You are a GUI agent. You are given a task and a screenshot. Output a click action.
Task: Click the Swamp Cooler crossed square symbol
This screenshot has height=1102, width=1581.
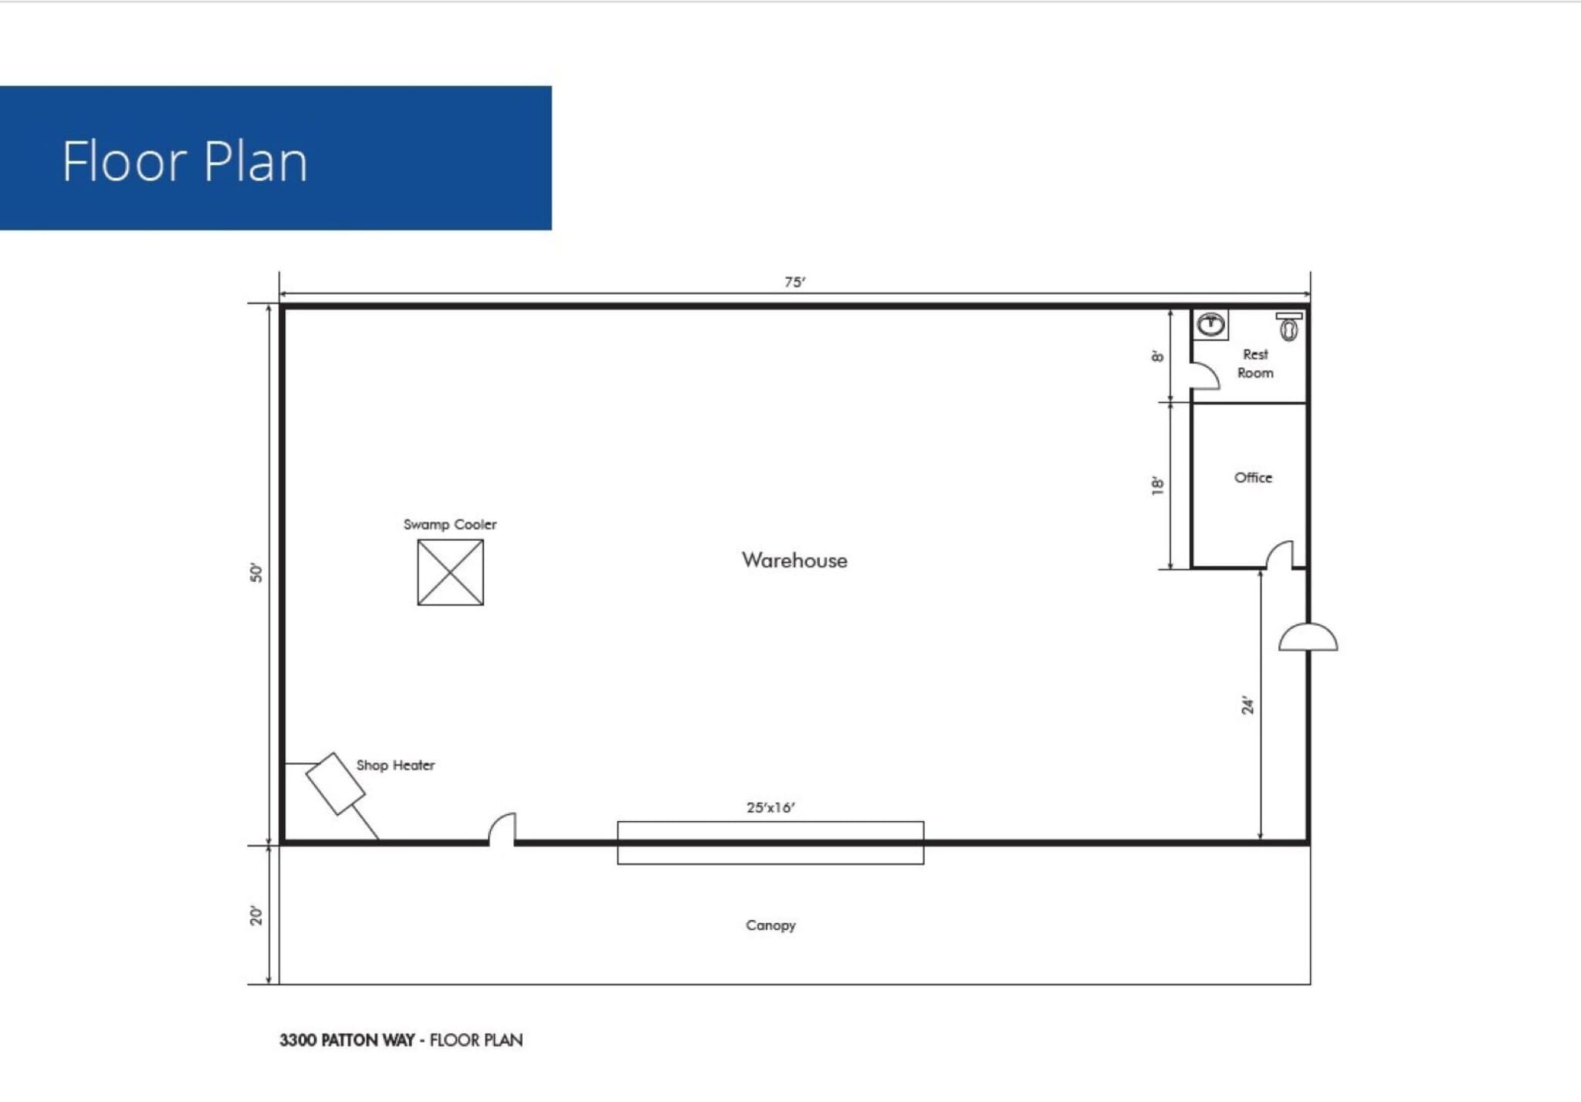click(450, 572)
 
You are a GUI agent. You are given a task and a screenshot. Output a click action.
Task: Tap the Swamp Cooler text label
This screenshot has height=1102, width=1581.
click(450, 525)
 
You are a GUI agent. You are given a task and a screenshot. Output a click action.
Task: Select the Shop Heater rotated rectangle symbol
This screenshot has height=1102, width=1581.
click(335, 783)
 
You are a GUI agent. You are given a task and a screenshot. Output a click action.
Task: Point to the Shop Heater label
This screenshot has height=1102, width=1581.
click(395, 765)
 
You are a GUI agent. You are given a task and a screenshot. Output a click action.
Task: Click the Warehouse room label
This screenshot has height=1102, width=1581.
click(794, 560)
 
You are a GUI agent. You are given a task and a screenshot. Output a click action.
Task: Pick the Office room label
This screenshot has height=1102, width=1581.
click(1253, 478)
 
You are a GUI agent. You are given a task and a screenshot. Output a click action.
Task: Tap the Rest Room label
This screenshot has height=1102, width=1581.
click(1255, 363)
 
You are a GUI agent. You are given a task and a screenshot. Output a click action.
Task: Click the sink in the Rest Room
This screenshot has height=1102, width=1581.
click(1210, 324)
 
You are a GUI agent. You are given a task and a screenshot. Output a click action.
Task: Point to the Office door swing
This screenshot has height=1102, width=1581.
click(1279, 554)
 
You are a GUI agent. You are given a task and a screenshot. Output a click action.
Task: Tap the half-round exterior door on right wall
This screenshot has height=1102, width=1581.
click(1308, 637)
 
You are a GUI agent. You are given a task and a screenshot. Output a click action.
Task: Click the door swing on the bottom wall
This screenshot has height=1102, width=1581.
click(503, 829)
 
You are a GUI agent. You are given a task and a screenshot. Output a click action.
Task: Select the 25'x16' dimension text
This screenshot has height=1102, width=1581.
click(770, 807)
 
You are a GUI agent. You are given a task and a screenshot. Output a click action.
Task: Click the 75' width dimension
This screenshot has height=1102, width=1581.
click(794, 282)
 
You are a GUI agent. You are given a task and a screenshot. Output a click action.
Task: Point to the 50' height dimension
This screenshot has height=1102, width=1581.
click(256, 573)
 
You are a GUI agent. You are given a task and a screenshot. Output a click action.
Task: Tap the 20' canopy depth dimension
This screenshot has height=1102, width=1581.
click(256, 915)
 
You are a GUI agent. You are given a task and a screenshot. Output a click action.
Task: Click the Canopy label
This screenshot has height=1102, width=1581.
click(770, 925)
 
